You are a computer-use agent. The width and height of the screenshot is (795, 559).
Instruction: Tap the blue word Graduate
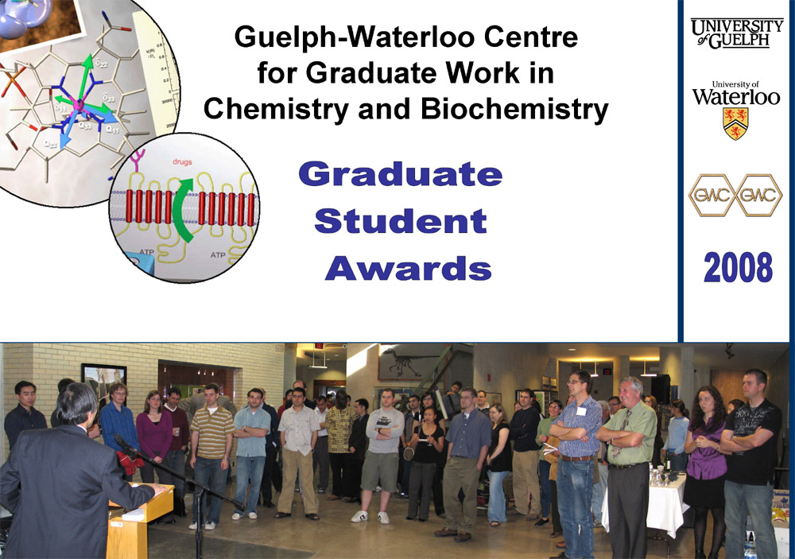click(x=400, y=174)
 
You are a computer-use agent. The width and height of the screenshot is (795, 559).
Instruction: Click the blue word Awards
click(x=408, y=269)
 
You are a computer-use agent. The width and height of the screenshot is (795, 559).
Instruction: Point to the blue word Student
click(x=400, y=221)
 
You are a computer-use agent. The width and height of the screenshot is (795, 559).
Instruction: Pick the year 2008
click(x=737, y=268)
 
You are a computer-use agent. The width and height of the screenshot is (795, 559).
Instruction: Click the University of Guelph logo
click(x=735, y=34)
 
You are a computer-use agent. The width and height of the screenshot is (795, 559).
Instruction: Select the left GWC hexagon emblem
click(x=711, y=196)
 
